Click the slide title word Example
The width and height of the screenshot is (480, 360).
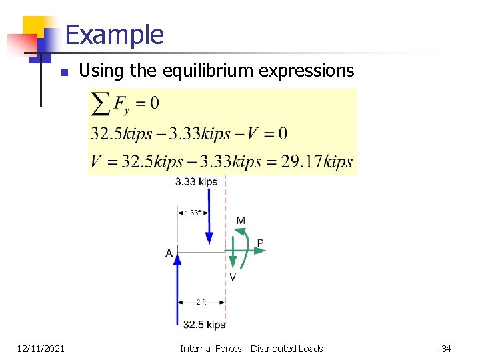115,35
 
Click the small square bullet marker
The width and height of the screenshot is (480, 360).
63,72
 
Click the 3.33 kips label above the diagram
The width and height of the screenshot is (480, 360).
196,182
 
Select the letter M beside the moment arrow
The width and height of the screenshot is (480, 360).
241,221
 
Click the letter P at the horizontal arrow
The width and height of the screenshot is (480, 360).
260,243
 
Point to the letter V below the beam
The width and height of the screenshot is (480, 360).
232,277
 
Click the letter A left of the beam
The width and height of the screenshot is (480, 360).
169,253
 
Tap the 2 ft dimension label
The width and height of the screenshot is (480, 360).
201,302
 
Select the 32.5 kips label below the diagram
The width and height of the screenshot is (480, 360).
204,325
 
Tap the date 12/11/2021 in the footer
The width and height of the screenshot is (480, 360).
41,348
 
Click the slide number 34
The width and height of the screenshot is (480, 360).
446,348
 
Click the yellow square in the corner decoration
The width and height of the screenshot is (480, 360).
34,27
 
